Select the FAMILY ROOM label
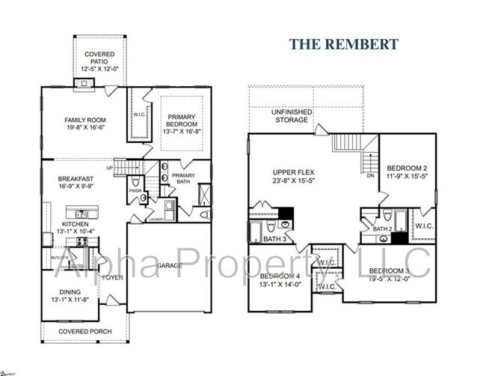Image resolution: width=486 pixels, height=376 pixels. coord(84,120)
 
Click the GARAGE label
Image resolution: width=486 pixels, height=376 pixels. coord(168,265)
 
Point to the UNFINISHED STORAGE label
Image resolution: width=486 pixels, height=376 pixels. coord(292,116)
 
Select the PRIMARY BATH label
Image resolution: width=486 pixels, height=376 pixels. coord(184,179)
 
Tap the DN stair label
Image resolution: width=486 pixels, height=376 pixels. coord(370,177)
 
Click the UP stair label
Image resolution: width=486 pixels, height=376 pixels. coord(111,168)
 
